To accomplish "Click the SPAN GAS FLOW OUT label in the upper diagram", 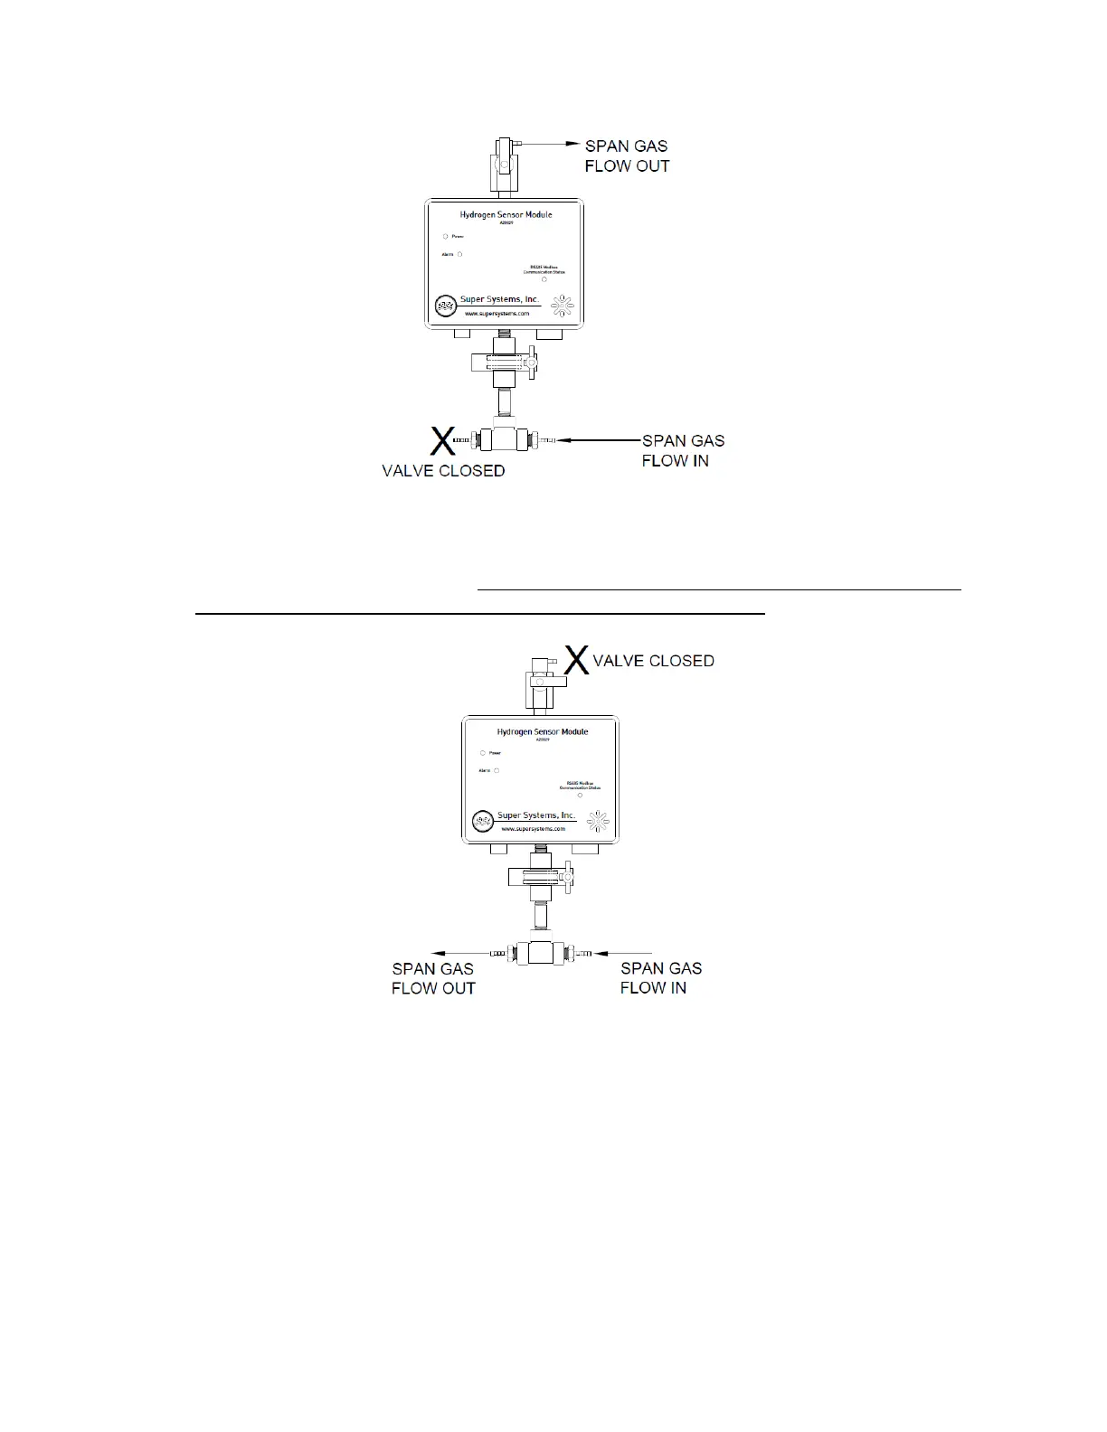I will click(627, 155).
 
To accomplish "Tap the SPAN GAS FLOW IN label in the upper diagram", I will click(683, 450).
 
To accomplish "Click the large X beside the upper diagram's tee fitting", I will click(441, 441).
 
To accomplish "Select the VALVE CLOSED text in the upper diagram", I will click(443, 471).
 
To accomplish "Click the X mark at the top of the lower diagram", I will click(577, 659).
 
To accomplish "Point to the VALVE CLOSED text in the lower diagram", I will click(653, 661).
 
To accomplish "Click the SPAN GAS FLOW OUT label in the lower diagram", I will click(433, 978).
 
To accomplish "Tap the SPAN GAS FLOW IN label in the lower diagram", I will click(660, 978).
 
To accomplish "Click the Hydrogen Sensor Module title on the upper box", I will click(506, 214).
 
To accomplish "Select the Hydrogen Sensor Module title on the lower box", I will click(543, 731).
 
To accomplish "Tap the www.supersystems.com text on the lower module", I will click(535, 828).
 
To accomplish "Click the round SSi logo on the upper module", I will click(446, 306).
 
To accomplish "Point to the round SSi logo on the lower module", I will click(483, 821).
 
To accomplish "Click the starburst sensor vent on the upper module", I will click(563, 306).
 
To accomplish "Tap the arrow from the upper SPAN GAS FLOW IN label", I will click(597, 440).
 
